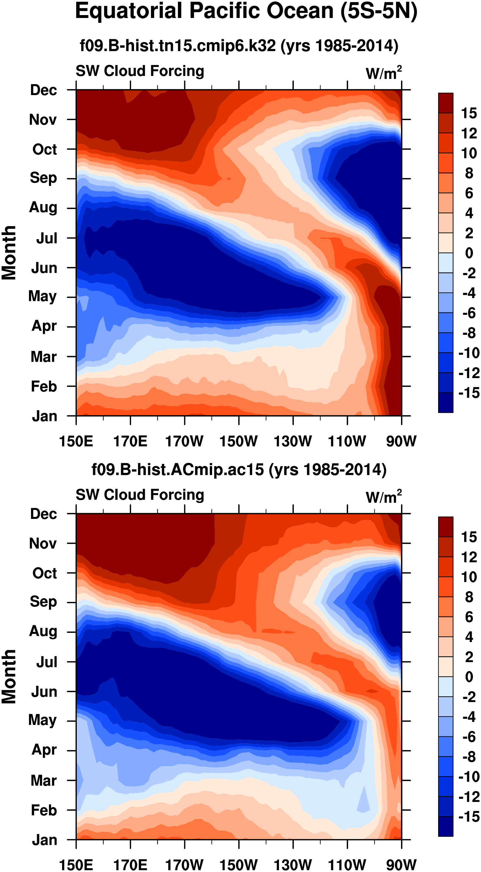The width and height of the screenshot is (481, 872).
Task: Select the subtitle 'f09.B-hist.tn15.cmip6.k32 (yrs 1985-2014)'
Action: [x=239, y=45]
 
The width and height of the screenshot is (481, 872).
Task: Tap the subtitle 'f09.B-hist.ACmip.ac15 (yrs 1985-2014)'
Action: [x=239, y=470]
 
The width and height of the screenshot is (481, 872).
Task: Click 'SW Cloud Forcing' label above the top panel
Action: [x=140, y=71]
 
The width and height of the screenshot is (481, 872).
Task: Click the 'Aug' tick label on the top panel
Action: [x=43, y=207]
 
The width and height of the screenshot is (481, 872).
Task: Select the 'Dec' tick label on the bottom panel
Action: [x=43, y=514]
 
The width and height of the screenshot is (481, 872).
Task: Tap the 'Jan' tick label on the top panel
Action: [x=44, y=416]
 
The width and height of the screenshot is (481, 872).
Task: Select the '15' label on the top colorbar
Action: [x=469, y=113]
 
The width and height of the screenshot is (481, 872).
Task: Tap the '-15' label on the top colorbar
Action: [x=469, y=393]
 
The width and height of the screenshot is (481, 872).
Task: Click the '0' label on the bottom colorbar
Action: [x=469, y=677]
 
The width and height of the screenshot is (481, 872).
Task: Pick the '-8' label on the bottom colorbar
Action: [x=469, y=757]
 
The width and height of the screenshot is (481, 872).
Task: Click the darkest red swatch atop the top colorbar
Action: [x=445, y=103]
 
